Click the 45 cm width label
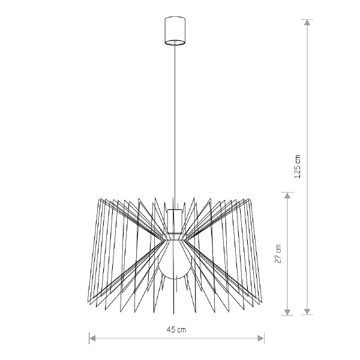pyautogui.click(x=176, y=330)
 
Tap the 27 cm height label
pyautogui.click(x=278, y=253)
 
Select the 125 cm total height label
pyautogui.click(x=298, y=167)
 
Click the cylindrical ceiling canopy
pyautogui.click(x=175, y=31)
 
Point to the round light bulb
pyautogui.click(x=175, y=264)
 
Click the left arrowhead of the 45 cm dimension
pyautogui.click(x=92, y=338)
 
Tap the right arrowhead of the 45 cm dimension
pyautogui.click(x=261, y=338)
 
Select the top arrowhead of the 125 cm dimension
pyautogui.click(x=307, y=22)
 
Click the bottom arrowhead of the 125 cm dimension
pyautogui.click(x=307, y=311)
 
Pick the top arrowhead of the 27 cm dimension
pyautogui.click(x=287, y=196)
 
